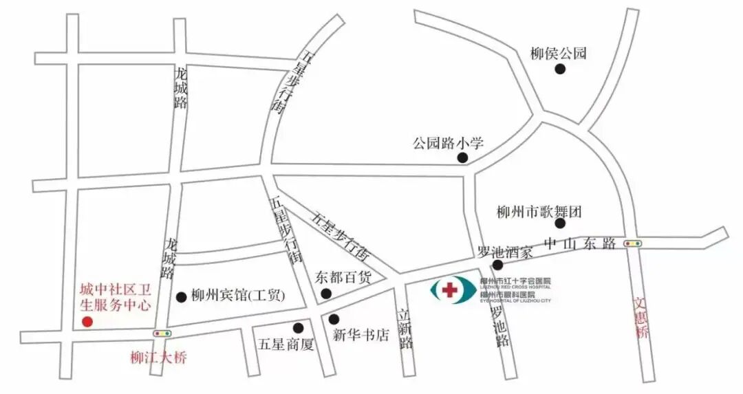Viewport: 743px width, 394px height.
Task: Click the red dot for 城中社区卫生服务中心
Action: pyautogui.click(x=87, y=321)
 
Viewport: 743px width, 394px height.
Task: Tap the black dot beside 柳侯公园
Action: pyautogui.click(x=561, y=69)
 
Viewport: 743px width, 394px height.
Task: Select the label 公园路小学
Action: pyautogui.click(x=449, y=144)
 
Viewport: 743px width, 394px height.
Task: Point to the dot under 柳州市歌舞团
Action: pyautogui.click(x=560, y=223)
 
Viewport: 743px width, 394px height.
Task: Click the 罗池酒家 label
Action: pyautogui.click(x=506, y=252)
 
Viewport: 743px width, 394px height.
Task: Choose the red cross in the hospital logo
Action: pyautogui.click(x=449, y=290)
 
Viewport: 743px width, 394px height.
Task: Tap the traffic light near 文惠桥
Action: pyautogui.click(x=632, y=243)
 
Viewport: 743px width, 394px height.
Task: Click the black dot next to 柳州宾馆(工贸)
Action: pyautogui.click(x=182, y=297)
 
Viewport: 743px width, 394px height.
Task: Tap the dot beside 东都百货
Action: pyautogui.click(x=326, y=294)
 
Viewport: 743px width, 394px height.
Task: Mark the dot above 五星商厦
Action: pyautogui.click(x=299, y=327)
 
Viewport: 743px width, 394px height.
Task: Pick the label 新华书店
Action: pyautogui.click(x=360, y=336)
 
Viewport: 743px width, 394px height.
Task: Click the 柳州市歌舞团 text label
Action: pyautogui.click(x=539, y=212)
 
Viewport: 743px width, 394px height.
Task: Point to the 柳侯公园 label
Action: pyautogui.click(x=559, y=53)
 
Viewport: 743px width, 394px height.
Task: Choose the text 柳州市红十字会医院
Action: pyautogui.click(x=516, y=282)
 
